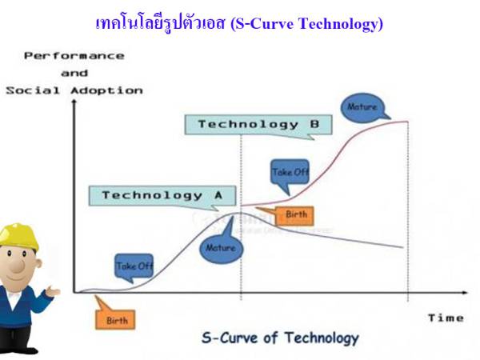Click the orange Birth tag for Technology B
pyautogui.click(x=296, y=215)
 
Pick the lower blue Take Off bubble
pyautogui.click(x=134, y=266)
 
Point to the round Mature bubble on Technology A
pyautogui.click(x=220, y=247)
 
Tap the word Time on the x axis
pyautogui.click(x=445, y=318)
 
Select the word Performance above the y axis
pyautogui.click(x=74, y=56)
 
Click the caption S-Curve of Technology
pyautogui.click(x=280, y=337)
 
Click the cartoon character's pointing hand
pyautogui.click(x=53, y=292)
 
